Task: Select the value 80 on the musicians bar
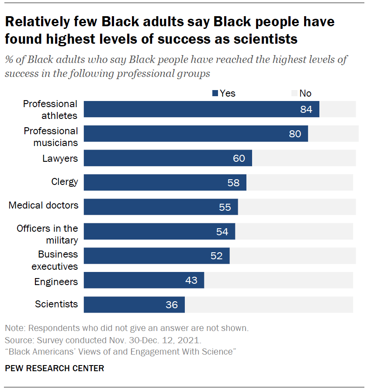[x=295, y=134]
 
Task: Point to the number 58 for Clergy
[x=233, y=183]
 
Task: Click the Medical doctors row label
[x=44, y=205]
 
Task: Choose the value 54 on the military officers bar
[x=222, y=232]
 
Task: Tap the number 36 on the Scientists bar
[x=172, y=305]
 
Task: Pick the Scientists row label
[x=56, y=304]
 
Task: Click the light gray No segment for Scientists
[x=269, y=305]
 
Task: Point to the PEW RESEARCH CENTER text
[x=55, y=368]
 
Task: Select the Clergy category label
[x=65, y=181]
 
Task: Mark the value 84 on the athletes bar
[x=306, y=109]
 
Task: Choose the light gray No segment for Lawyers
[x=304, y=158]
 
